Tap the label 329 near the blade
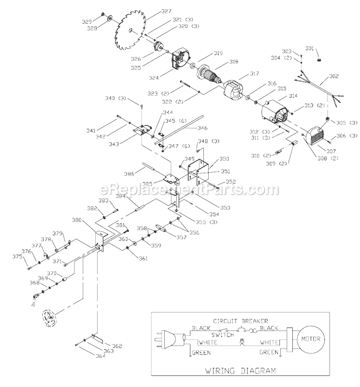103,20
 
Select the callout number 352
229,181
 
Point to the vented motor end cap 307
316,144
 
